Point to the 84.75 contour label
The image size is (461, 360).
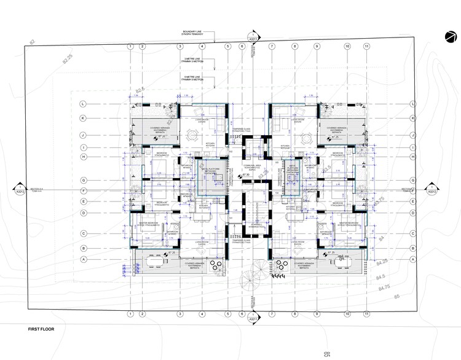(385, 287)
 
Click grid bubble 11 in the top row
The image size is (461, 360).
(366, 46)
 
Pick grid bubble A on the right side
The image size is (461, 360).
(414, 259)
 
